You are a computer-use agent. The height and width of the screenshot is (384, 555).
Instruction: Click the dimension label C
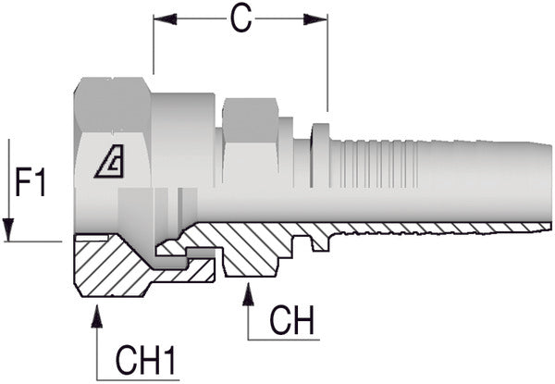(x=240, y=19)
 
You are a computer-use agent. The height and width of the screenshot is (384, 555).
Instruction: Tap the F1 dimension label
(x=31, y=184)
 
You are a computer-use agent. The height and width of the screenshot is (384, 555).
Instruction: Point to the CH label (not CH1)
(x=292, y=322)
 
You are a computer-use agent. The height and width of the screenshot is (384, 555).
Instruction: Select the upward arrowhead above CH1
(x=96, y=314)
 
